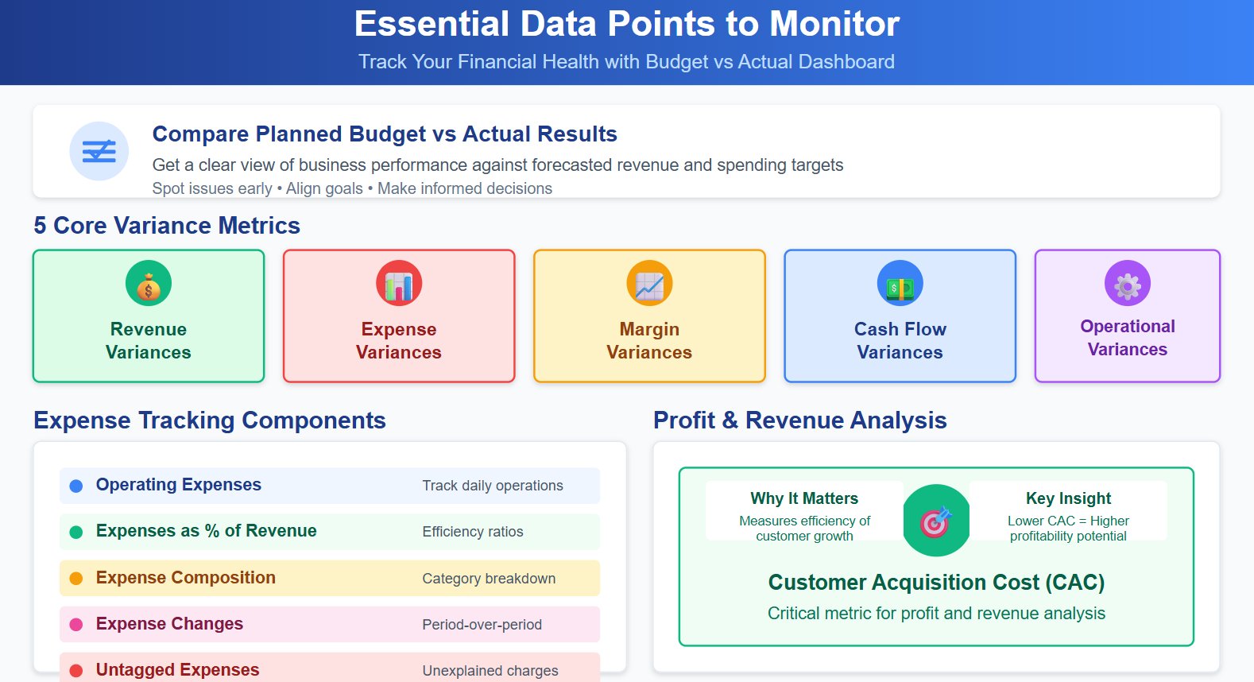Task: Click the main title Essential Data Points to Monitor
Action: tap(626, 24)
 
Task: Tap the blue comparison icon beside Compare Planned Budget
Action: tap(99, 151)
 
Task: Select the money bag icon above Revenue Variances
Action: tap(149, 284)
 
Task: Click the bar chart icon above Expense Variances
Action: tap(399, 284)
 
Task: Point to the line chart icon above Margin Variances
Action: tap(649, 284)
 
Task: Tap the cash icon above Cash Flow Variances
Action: tap(900, 284)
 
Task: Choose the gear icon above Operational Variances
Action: tap(1127, 284)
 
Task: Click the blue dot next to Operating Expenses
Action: tap(76, 486)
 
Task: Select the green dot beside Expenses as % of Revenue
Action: tap(76, 532)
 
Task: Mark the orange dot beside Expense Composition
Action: tap(76, 579)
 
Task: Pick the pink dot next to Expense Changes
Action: tap(76, 625)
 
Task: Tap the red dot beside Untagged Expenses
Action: tap(76, 671)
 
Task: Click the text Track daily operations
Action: tap(493, 486)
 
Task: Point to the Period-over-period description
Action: tap(482, 625)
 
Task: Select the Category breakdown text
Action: tap(489, 579)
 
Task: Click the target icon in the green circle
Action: tap(936, 521)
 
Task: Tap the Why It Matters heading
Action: tap(804, 498)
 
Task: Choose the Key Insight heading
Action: tap(1068, 498)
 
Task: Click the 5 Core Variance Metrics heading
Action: tap(167, 226)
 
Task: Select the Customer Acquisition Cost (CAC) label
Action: tap(936, 583)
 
